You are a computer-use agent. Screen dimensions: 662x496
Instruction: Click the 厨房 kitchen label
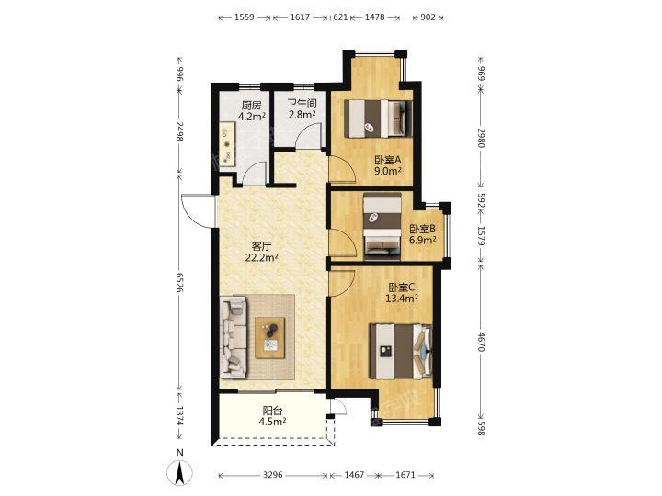(x=252, y=105)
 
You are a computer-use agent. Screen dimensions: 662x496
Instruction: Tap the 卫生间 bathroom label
(x=302, y=103)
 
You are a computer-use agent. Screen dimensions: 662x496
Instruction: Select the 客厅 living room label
(x=261, y=246)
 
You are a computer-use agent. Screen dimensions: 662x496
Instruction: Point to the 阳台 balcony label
(x=273, y=411)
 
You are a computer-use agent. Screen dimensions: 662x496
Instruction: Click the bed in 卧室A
(x=378, y=118)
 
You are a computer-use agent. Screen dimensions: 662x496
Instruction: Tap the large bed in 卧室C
(x=401, y=351)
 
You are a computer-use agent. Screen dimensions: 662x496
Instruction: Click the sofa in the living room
(x=234, y=336)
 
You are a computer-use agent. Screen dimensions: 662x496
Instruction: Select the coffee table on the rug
(x=269, y=337)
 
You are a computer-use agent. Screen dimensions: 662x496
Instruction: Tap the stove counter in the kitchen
(x=228, y=144)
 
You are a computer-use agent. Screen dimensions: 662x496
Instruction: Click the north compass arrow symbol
(x=180, y=472)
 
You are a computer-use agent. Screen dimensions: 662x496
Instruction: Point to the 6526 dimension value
(x=179, y=282)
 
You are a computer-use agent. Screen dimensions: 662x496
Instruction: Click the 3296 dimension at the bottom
(x=272, y=476)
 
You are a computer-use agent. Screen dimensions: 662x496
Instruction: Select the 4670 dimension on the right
(x=481, y=342)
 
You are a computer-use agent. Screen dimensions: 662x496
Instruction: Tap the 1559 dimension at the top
(x=244, y=17)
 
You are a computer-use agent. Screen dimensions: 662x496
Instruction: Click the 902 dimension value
(x=428, y=17)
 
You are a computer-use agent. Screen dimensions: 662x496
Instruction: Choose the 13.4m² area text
(x=402, y=299)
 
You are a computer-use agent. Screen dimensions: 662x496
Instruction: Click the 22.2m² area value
(x=262, y=257)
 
